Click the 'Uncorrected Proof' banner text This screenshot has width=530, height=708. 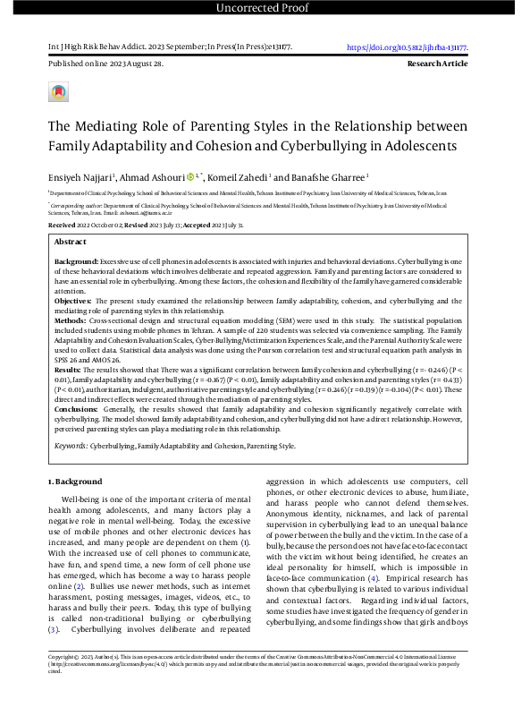265,9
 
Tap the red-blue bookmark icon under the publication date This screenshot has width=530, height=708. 58,92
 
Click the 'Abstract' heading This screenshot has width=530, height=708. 71,242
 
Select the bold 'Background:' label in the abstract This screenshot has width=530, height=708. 76,259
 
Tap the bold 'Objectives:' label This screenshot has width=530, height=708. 74,301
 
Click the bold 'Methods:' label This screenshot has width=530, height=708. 72,319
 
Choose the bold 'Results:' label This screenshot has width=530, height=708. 68,369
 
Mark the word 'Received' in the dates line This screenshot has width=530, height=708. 63,225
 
